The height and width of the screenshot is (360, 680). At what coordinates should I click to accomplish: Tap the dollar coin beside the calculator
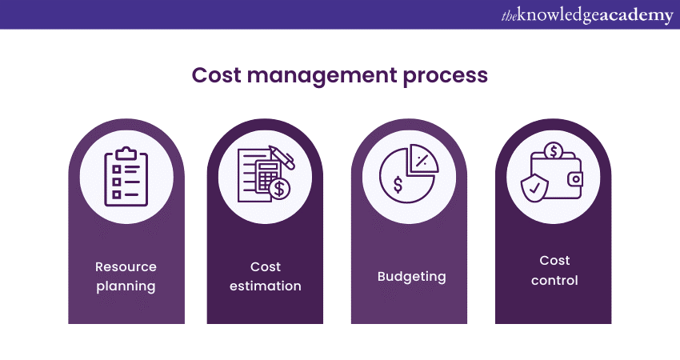point(280,189)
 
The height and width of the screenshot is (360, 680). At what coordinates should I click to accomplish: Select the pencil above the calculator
point(282,156)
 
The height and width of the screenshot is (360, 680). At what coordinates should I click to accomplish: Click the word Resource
point(126,266)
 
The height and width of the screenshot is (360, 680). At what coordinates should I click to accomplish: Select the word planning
point(126,286)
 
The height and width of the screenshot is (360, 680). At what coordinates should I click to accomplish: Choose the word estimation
point(265,286)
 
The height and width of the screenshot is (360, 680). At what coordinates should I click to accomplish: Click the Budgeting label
point(411,277)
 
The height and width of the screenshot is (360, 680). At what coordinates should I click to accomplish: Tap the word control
point(554,280)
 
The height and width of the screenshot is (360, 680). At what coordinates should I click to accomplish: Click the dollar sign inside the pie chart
point(398,185)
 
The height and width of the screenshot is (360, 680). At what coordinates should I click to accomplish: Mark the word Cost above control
point(554,261)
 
